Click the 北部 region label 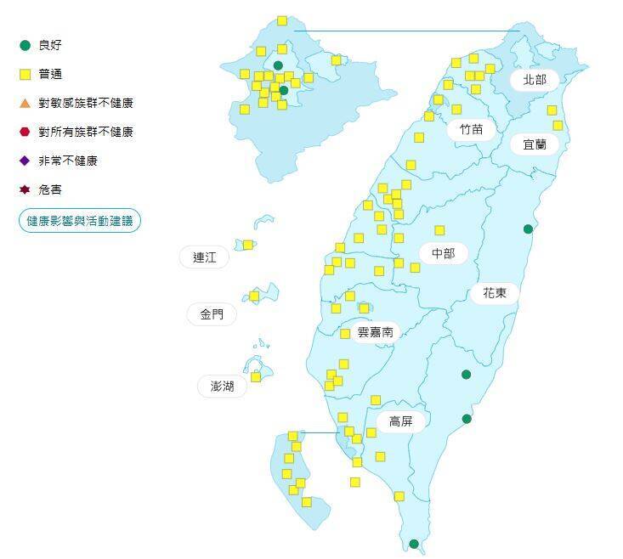click(x=535, y=80)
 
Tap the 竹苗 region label click(x=471, y=129)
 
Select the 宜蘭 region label click(x=535, y=144)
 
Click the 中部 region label click(x=443, y=253)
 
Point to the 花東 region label click(x=495, y=293)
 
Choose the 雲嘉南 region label click(x=375, y=332)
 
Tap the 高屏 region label click(x=400, y=421)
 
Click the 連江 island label click(x=205, y=257)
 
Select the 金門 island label click(x=212, y=314)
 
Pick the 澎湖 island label click(x=222, y=387)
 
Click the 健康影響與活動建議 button click(x=80, y=221)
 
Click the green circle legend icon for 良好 click(x=25, y=45)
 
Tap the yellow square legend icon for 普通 click(x=25, y=74)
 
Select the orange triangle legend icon click(x=25, y=103)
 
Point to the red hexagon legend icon click(x=25, y=132)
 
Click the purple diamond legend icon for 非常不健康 click(x=25, y=161)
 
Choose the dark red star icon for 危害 click(x=25, y=189)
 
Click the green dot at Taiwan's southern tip click(x=414, y=544)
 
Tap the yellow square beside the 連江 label click(x=247, y=245)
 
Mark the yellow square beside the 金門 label click(x=254, y=296)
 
